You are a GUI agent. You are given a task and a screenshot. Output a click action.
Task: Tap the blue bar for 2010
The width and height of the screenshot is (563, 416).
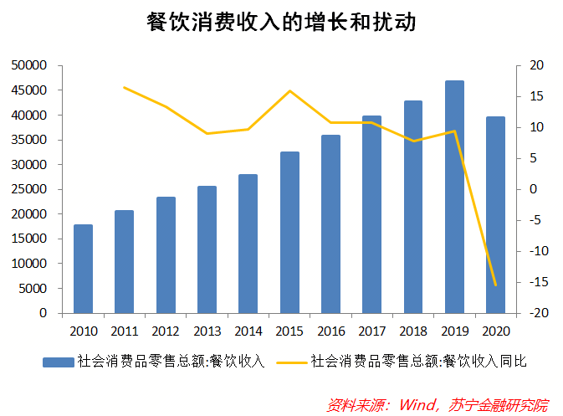(x=83, y=269)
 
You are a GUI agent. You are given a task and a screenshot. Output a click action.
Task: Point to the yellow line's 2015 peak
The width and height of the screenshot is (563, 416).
(x=289, y=90)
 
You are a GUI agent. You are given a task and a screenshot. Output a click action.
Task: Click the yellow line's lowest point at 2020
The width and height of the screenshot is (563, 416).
(x=495, y=285)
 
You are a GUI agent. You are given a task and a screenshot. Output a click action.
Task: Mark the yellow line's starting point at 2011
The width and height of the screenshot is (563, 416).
(x=124, y=87)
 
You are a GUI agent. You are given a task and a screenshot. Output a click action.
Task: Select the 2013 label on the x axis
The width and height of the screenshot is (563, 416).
(x=207, y=329)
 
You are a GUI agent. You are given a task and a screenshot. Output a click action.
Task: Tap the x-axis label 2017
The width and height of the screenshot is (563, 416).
(x=371, y=329)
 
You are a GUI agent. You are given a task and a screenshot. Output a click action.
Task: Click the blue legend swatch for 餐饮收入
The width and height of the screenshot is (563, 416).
(x=59, y=362)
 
